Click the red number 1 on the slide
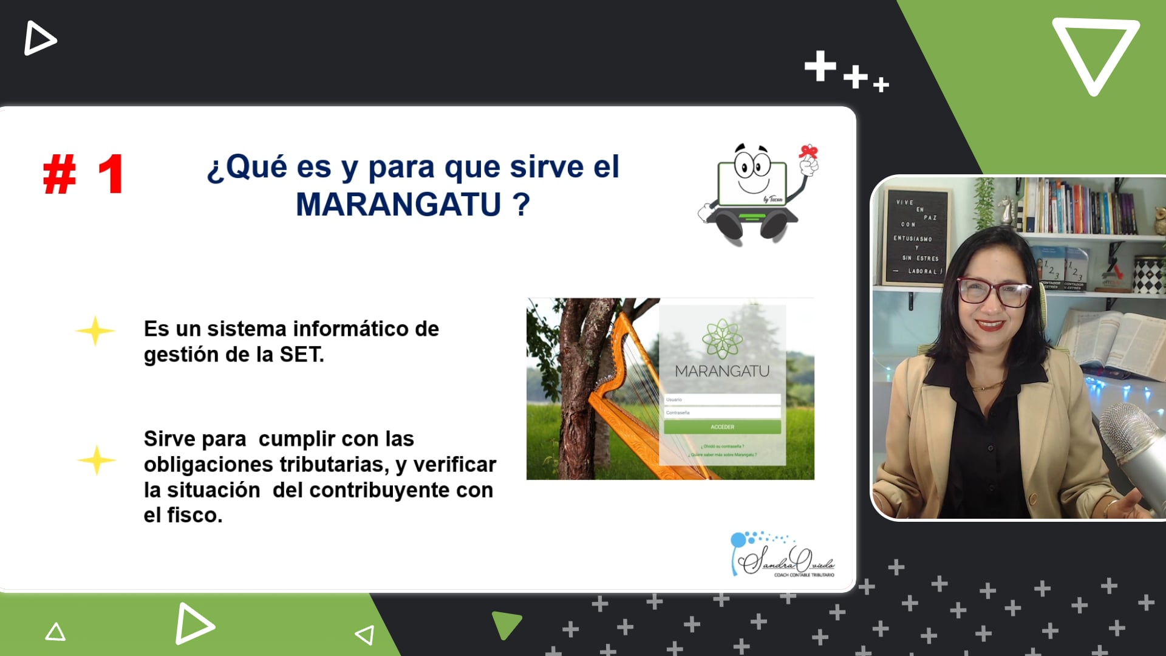[x=111, y=174]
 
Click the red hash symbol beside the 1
[x=60, y=174]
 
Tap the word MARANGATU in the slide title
[x=398, y=204]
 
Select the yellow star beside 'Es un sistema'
[x=95, y=331]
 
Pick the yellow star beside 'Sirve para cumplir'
[x=97, y=460]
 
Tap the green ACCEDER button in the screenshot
[x=722, y=427]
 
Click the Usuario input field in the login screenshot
[x=722, y=400]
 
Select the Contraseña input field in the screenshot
[x=722, y=412]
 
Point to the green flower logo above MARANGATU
[x=722, y=338]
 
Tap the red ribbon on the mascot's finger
[x=808, y=151]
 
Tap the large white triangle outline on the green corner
[x=1095, y=55]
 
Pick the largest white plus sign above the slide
[x=820, y=66]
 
